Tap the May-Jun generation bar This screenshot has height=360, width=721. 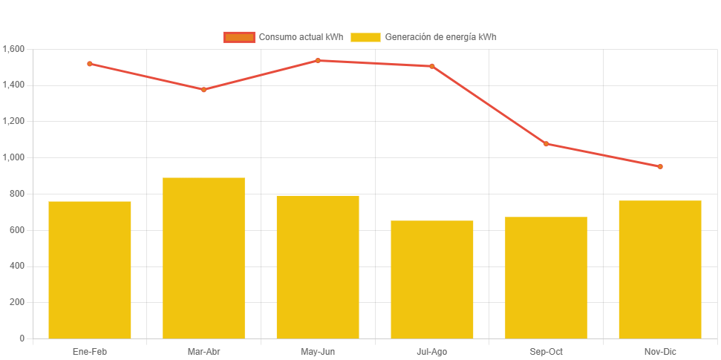[318, 266]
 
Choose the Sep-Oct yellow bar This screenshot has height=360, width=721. [546, 278]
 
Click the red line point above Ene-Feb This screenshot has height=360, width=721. [90, 64]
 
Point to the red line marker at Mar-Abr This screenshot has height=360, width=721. [203, 90]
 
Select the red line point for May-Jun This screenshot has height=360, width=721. [318, 61]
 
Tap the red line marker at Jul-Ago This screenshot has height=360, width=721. [432, 66]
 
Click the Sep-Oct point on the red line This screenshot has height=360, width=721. [546, 144]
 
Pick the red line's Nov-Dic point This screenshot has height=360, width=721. [660, 166]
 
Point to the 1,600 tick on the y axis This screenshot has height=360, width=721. [14, 49]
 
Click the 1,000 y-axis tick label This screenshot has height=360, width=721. [14, 157]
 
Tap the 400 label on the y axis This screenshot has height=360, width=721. [17, 266]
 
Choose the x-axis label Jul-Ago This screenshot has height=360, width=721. [432, 351]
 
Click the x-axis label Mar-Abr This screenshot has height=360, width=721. [203, 351]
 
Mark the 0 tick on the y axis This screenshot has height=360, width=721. [22, 338]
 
